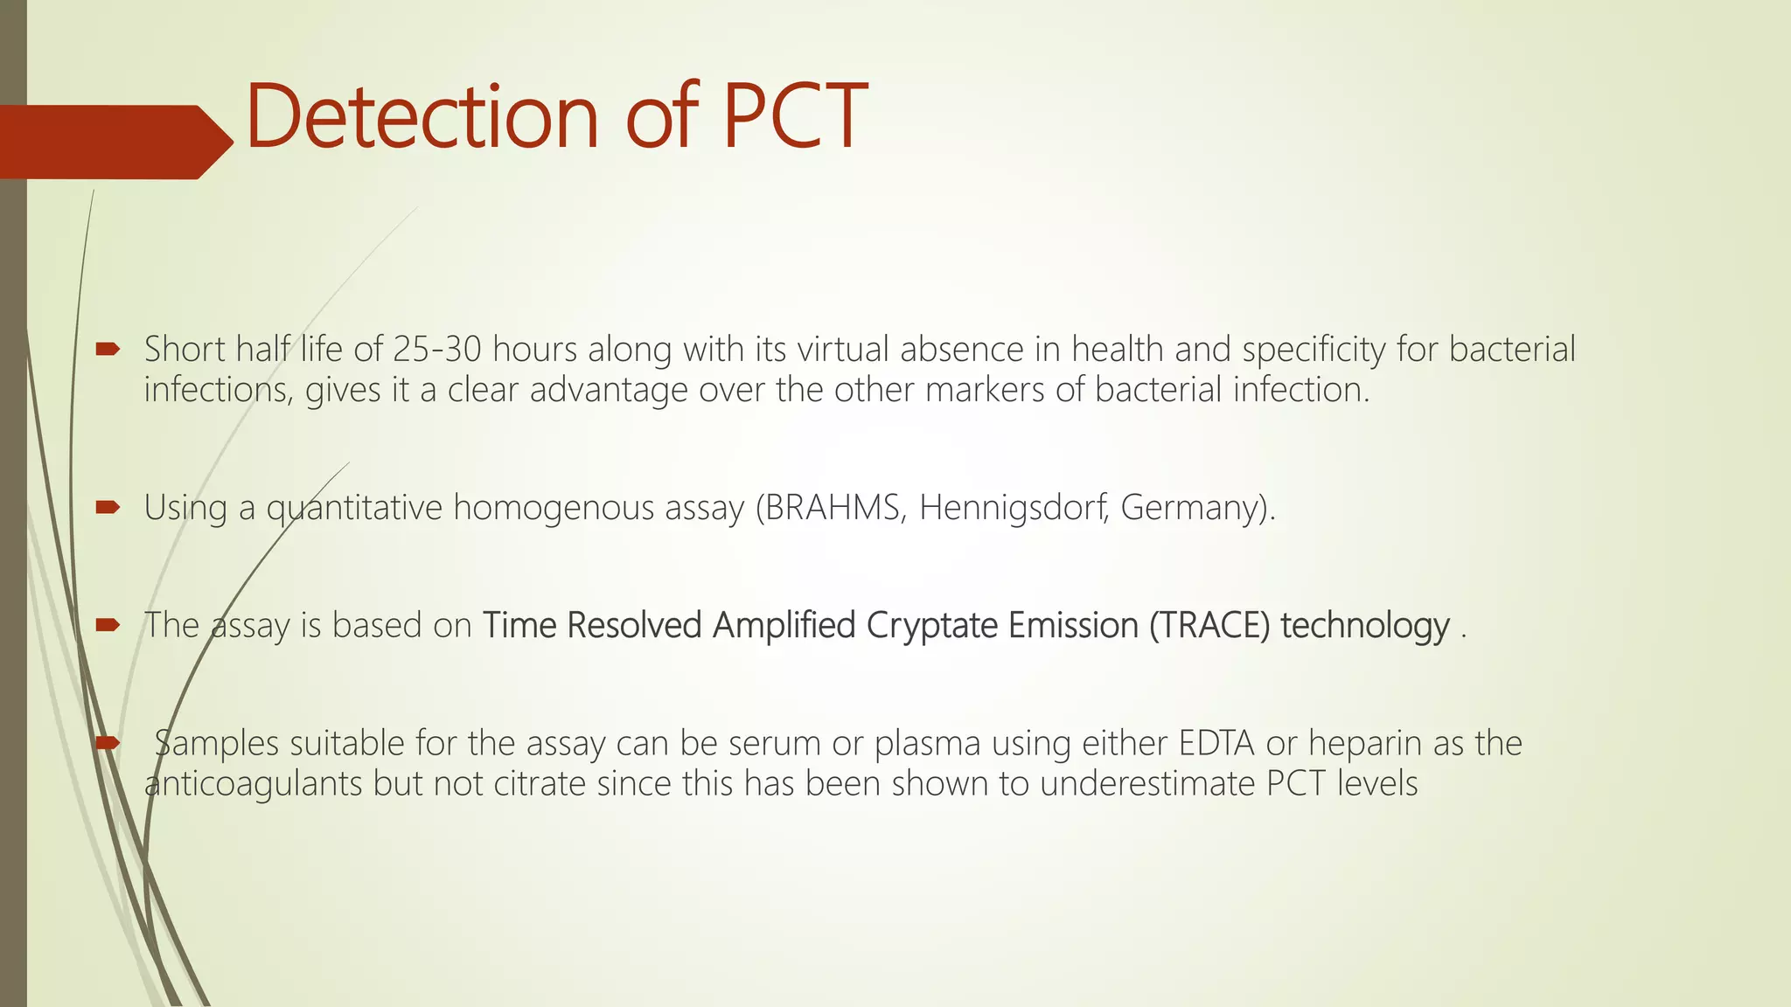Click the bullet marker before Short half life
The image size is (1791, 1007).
pos(108,350)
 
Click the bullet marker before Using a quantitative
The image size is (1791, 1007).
pos(108,507)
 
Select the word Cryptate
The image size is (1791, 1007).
pos(932,626)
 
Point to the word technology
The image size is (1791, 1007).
pos(1364,626)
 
